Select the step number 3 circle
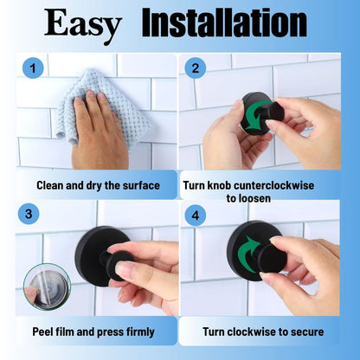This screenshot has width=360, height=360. [x=30, y=213]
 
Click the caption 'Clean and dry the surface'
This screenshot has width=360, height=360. [x=98, y=184]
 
